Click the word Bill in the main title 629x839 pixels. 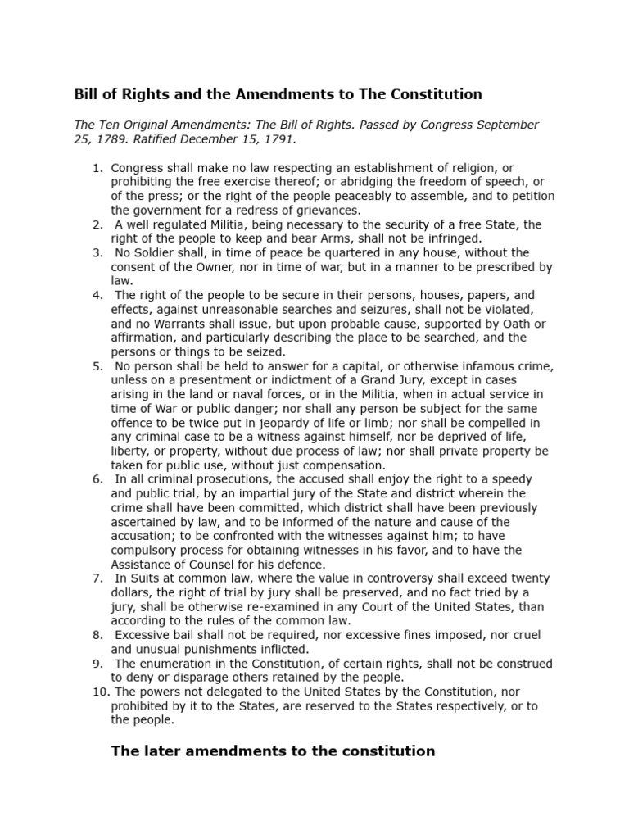coord(88,93)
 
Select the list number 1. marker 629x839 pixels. coord(97,168)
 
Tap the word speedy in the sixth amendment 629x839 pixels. coord(505,478)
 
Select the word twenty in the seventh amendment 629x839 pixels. coord(523,578)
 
